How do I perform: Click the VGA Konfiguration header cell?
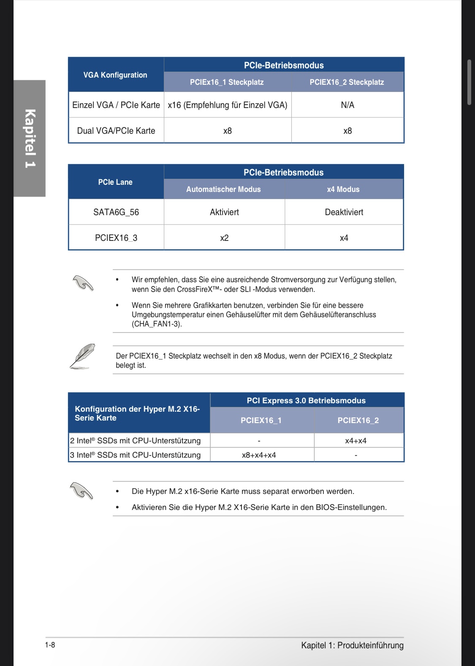(x=115, y=75)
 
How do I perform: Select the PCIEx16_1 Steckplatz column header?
(x=227, y=82)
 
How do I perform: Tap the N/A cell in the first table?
(x=347, y=105)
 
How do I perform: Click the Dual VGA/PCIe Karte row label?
(x=116, y=131)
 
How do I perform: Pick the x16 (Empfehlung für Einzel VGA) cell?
(x=228, y=105)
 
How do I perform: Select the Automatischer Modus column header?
(x=223, y=189)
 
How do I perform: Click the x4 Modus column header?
(x=343, y=189)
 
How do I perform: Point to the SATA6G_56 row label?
(x=116, y=212)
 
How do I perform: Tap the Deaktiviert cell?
(x=344, y=212)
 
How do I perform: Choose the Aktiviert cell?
(x=224, y=212)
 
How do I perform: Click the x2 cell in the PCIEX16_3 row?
(x=224, y=238)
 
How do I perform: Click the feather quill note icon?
(x=82, y=356)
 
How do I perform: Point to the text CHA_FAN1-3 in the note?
(x=156, y=324)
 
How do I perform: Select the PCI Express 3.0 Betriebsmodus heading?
(x=306, y=401)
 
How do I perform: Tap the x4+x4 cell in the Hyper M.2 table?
(x=356, y=441)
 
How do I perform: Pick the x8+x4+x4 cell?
(x=259, y=455)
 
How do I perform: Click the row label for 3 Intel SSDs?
(x=136, y=455)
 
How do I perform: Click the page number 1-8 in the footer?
(x=50, y=645)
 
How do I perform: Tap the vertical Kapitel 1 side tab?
(x=30, y=138)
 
